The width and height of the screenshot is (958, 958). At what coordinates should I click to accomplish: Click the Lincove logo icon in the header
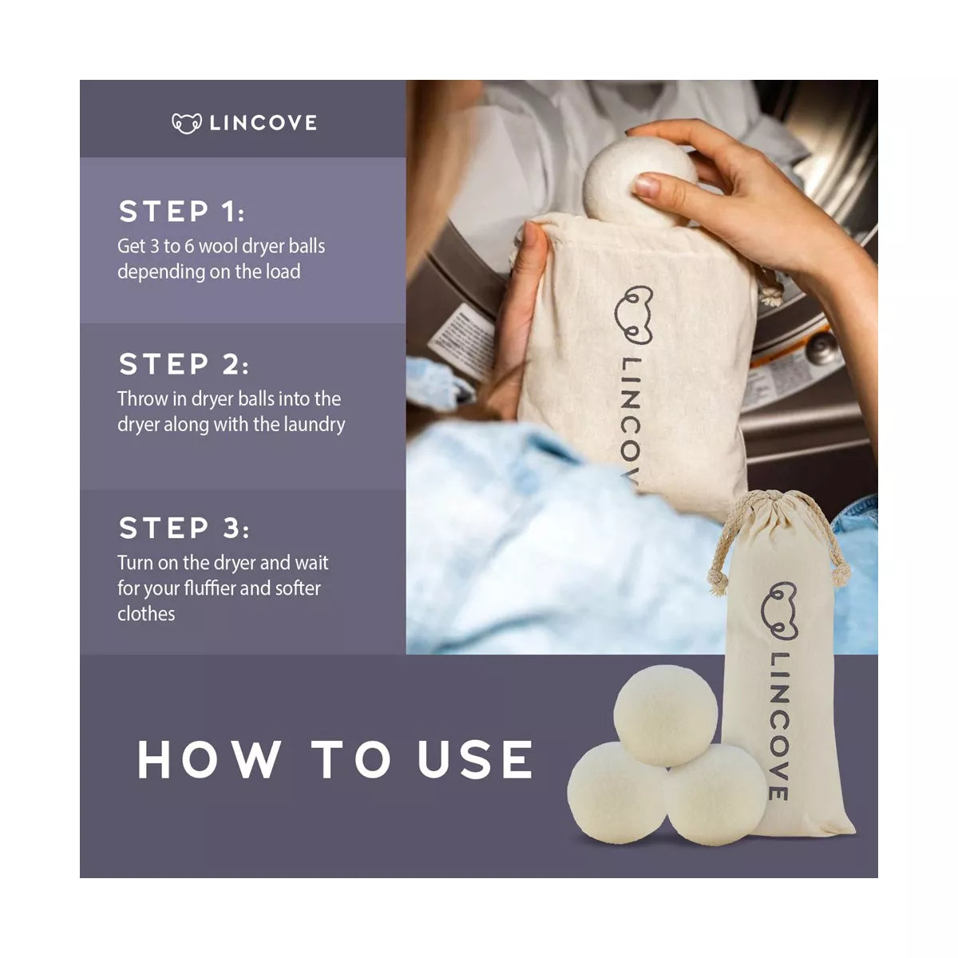pos(187,123)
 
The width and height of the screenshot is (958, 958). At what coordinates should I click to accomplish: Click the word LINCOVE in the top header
pos(263,123)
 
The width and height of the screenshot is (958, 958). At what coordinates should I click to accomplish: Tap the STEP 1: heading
pos(182,212)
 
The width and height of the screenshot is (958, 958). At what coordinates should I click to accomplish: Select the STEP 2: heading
pos(184,364)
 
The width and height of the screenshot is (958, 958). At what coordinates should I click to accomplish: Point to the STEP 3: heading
pos(184,528)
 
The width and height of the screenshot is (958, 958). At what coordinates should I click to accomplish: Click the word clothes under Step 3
pos(146,614)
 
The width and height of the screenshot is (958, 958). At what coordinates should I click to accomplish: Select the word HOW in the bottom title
pos(209,759)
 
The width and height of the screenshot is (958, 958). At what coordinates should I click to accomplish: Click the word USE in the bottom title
pos(475,759)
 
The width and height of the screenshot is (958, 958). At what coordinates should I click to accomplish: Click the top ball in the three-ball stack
pos(665,715)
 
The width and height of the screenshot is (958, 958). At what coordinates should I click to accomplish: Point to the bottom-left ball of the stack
pos(616,793)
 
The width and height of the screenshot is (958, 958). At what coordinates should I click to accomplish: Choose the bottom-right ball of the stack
pos(716,794)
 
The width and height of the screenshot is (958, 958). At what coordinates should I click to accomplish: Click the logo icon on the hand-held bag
pos(633,315)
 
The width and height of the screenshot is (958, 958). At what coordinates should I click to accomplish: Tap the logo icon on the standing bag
pos(779,611)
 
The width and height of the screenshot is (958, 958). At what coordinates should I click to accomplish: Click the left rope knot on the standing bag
pos(718,582)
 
